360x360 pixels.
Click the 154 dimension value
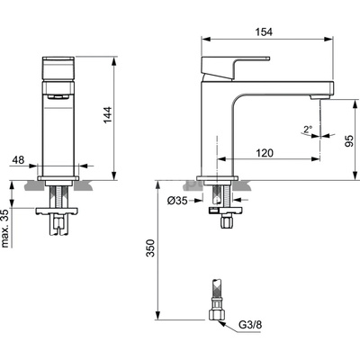coord(264,31)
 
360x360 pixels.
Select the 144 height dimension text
coord(107,114)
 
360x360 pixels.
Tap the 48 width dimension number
coord(18,160)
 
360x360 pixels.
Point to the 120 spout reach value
coord(265,153)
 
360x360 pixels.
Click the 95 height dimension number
coord(349,140)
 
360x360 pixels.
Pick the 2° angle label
coord(308,130)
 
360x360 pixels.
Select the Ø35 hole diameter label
coord(177,201)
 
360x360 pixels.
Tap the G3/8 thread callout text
coord(250,325)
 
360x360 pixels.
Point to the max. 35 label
coord(5,228)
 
